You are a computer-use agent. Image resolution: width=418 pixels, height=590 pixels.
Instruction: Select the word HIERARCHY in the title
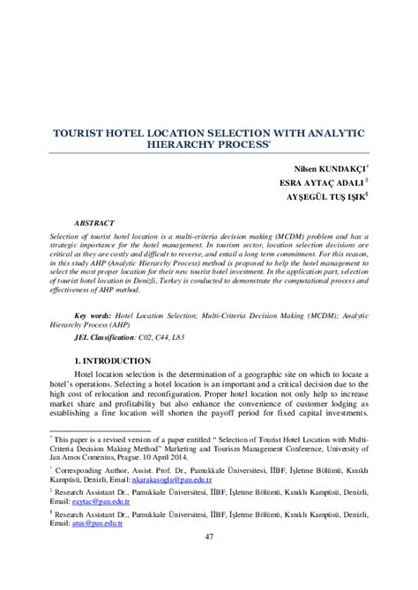[190, 146]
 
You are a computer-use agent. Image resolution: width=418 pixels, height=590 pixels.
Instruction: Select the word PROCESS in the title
[249, 146]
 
